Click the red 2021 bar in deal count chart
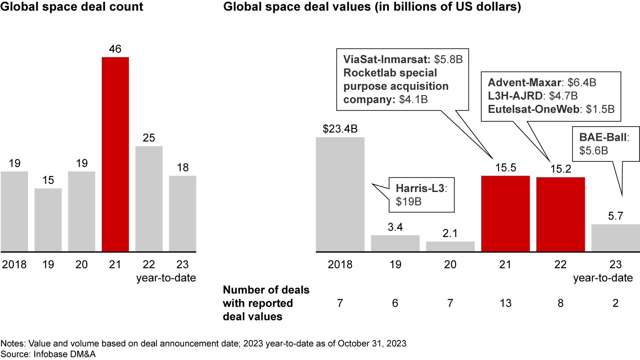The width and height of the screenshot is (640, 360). [x=116, y=154]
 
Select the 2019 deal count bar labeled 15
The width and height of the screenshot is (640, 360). [x=48, y=220]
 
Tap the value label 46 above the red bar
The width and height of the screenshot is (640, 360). [x=116, y=49]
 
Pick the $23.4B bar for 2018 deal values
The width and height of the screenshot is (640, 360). [x=340, y=195]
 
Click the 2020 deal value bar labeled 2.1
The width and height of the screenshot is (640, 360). [x=450, y=247]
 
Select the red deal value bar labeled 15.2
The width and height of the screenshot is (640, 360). [x=560, y=215]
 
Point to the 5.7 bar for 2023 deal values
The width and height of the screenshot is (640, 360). [x=616, y=238]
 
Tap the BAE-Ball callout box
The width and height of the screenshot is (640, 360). [x=605, y=144]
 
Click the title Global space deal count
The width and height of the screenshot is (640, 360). [x=72, y=8]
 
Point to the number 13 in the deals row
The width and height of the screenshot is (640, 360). [x=505, y=304]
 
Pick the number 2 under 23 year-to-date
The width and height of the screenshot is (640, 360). [x=616, y=304]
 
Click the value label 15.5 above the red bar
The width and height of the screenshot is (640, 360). [x=505, y=168]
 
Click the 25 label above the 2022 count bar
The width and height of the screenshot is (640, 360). [x=149, y=138]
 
